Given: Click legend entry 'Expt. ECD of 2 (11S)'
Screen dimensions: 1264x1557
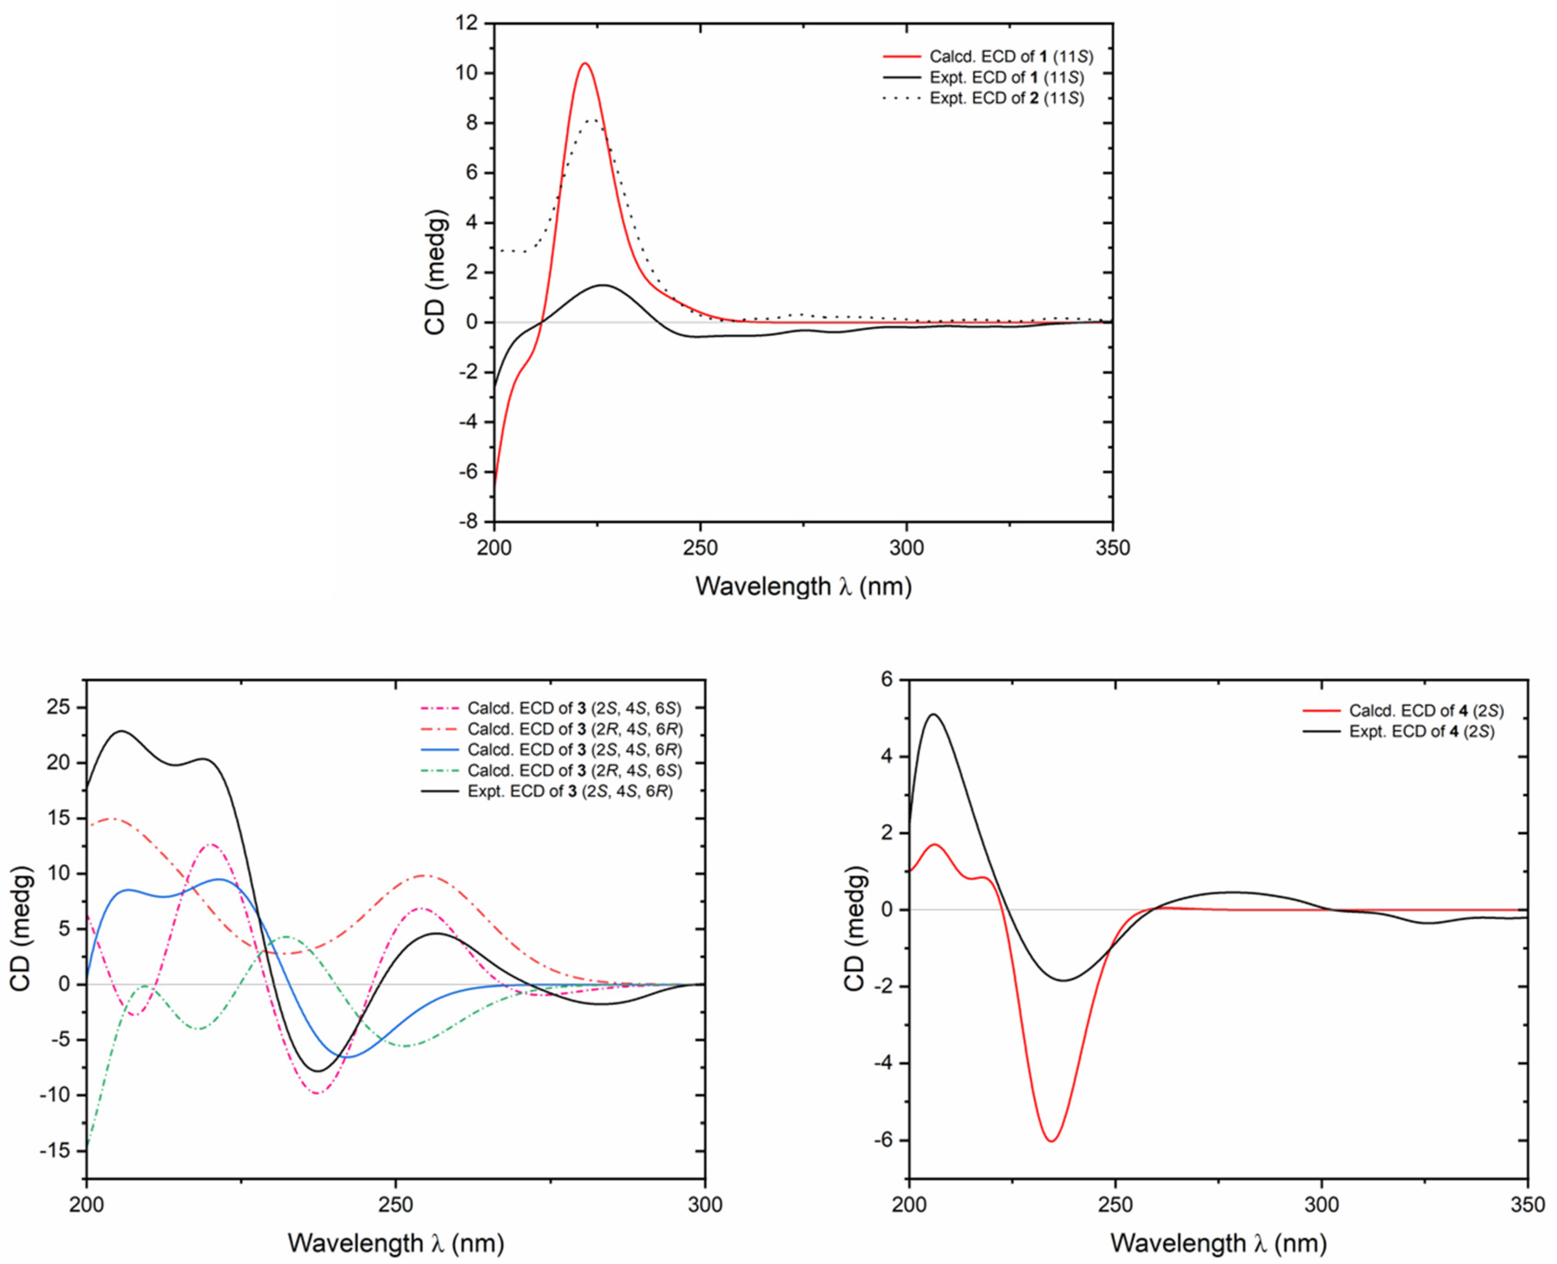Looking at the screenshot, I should point(1006,98).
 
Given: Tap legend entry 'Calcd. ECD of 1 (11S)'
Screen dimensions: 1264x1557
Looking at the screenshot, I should point(1011,56).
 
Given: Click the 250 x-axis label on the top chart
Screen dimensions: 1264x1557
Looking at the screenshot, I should point(700,548).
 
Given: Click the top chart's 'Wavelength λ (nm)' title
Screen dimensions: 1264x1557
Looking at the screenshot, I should point(803,586).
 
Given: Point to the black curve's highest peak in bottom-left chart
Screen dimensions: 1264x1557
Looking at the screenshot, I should point(122,731).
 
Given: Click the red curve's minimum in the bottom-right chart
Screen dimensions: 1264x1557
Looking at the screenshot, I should point(1051,1141).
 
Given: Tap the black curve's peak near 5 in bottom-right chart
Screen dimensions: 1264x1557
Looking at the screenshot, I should point(934,714).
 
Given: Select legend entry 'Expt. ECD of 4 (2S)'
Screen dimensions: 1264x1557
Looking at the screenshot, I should point(1421,731).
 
